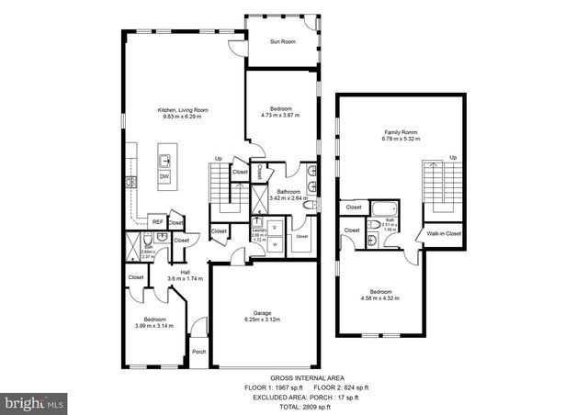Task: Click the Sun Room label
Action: (282, 41)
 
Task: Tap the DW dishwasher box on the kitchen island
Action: (165, 176)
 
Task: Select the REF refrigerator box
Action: (157, 221)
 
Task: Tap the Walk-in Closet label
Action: (444, 234)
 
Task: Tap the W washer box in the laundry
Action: (275, 243)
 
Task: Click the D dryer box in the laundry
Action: (275, 225)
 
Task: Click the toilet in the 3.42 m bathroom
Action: (311, 205)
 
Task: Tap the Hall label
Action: (185, 273)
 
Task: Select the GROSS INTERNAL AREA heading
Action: (295, 377)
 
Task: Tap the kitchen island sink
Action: (165, 151)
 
